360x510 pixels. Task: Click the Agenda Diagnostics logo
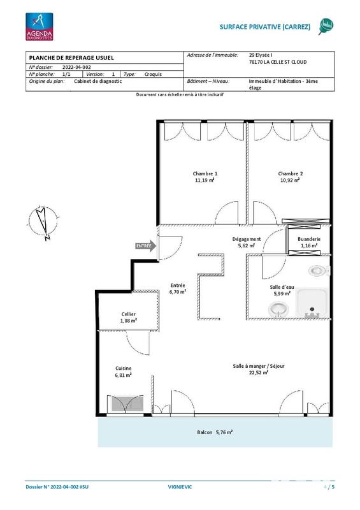tap(39, 27)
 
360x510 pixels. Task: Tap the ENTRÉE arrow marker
tap(144, 245)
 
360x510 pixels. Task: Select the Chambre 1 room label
tap(205, 174)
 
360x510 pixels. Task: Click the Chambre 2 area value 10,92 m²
tap(290, 180)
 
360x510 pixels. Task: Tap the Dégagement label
tap(246, 239)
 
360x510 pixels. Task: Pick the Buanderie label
tap(308, 239)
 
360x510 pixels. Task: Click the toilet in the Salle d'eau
tap(319, 270)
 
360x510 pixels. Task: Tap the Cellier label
tap(129, 314)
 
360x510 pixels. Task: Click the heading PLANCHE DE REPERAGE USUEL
tap(67, 58)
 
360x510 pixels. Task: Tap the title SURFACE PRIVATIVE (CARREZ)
tap(264, 27)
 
